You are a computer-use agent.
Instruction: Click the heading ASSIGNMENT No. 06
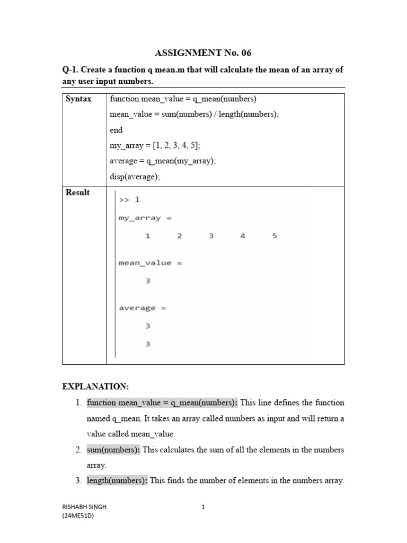tap(203, 53)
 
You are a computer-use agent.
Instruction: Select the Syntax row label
tap(78, 99)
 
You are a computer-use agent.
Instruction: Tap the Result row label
tap(77, 192)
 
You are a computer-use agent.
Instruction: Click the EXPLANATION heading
tap(95, 387)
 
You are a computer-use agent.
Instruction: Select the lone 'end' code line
tap(116, 130)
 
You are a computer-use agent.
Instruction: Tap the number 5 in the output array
tap(275, 236)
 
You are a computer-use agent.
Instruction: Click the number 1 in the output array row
tap(148, 236)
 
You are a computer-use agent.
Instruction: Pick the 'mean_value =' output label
tap(151, 263)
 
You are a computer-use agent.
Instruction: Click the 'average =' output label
tap(143, 308)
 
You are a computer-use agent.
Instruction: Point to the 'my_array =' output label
tap(145, 218)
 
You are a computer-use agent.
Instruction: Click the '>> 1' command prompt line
tap(129, 200)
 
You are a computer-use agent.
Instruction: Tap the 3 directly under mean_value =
tap(148, 281)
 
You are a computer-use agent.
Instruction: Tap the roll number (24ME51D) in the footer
tap(78, 516)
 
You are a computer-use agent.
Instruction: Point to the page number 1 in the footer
tap(203, 507)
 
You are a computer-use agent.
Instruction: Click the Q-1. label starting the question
tap(72, 71)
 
